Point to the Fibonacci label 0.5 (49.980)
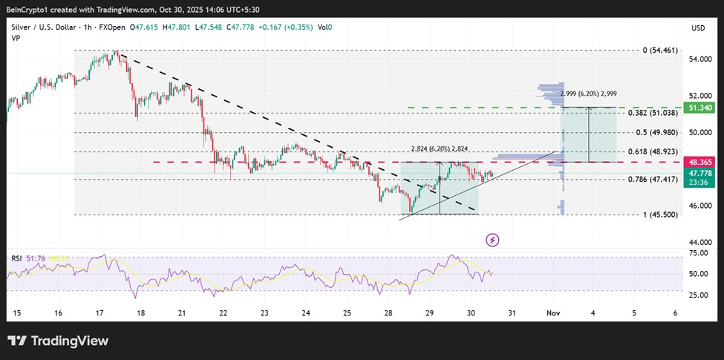pos(656,133)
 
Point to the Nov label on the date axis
pos(552,313)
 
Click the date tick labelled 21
pos(181,313)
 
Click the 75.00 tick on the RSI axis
pos(698,253)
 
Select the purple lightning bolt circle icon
pos(492,240)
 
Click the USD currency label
pos(697,28)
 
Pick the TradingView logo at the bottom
pos(58,341)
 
